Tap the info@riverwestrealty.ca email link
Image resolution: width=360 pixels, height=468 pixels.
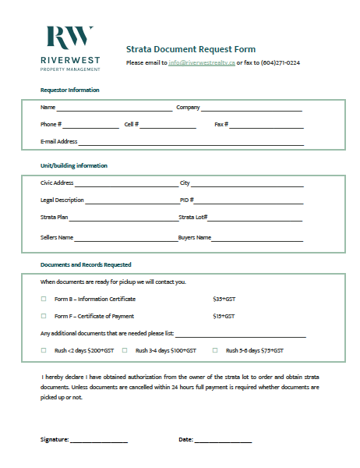[x=201, y=62]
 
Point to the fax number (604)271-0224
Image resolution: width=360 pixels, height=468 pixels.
[x=281, y=62]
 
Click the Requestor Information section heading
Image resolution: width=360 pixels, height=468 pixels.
[x=70, y=90]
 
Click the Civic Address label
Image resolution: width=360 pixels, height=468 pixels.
[x=57, y=183]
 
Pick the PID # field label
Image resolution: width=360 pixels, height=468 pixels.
[x=186, y=200]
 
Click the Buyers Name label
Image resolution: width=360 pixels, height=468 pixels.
[x=195, y=237]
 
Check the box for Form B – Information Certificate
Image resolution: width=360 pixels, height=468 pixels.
[x=44, y=299]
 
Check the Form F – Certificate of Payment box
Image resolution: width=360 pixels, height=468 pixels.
[x=44, y=317]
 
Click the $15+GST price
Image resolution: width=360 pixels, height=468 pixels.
[x=224, y=317]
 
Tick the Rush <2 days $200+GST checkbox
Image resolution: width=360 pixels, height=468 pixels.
[x=44, y=351]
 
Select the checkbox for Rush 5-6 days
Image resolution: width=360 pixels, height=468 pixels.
[x=215, y=351]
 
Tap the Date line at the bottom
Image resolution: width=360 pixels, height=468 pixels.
[x=223, y=441]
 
